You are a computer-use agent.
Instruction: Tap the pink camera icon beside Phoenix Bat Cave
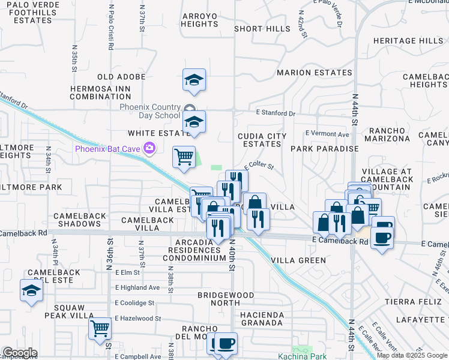click(149, 148)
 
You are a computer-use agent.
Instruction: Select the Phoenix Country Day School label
click(149, 111)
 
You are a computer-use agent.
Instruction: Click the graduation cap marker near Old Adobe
click(194, 80)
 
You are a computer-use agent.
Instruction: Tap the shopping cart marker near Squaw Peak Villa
click(100, 328)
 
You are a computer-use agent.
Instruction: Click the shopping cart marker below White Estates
click(184, 157)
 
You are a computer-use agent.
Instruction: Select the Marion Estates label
click(314, 73)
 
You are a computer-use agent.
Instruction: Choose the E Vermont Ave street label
click(327, 134)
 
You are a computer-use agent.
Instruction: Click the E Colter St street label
click(259, 167)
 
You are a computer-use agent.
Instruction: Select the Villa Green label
click(298, 260)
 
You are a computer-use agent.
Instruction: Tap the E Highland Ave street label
click(137, 287)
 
